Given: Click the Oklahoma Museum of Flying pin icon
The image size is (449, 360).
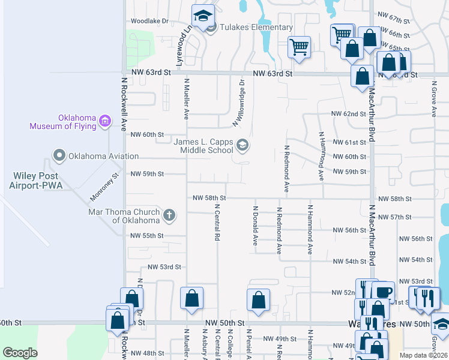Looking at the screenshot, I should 105,122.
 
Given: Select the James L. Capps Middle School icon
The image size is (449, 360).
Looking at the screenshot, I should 243,144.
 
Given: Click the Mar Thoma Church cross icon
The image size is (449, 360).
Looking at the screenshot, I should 169,215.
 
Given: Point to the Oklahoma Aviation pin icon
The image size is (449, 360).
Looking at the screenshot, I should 59,156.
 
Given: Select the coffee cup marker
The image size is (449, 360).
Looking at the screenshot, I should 383,292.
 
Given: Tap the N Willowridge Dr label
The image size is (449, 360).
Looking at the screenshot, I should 239,103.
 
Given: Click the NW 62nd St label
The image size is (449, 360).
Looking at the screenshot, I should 349,113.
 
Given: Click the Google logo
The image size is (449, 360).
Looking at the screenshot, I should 20,353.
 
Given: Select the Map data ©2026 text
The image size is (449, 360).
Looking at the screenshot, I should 424,355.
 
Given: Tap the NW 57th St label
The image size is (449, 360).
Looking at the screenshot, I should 398,217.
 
